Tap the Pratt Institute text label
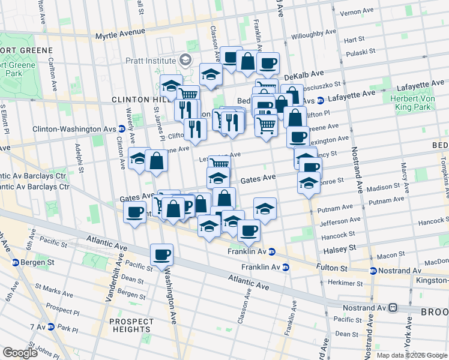click(150, 61)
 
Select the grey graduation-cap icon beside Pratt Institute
click(185, 60)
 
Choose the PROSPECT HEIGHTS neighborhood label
click(130, 325)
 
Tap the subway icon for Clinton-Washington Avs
click(122, 128)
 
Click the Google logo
click(20, 353)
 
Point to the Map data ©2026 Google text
click(412, 355)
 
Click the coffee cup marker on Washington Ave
click(161, 254)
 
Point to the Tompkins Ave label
click(444, 170)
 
